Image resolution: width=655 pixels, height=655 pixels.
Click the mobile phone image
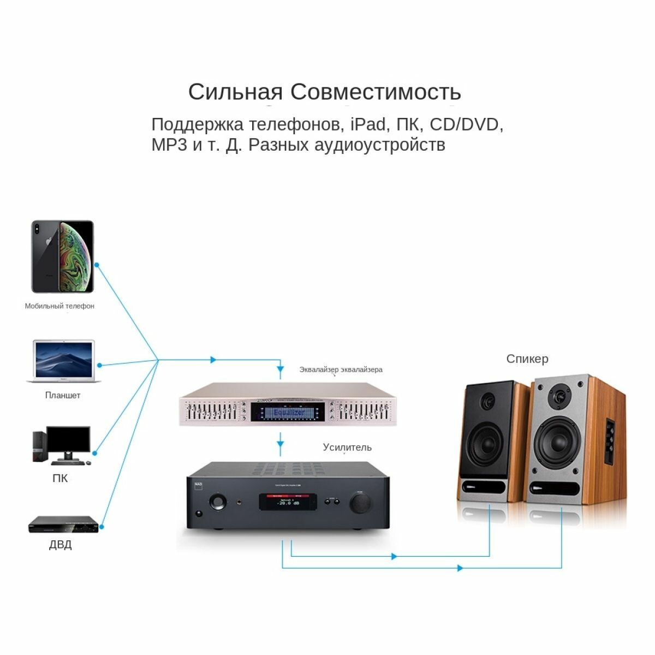(62, 257)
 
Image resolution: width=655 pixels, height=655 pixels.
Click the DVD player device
(63, 525)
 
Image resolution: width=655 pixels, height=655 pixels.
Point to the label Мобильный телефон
(59, 306)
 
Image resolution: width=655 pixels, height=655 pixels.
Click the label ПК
(60, 479)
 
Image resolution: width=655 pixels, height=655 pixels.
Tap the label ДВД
(60, 545)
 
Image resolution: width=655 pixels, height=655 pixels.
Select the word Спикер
(527, 359)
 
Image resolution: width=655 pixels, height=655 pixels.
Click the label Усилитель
(347, 448)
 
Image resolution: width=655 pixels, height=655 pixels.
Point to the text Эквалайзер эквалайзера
(341, 370)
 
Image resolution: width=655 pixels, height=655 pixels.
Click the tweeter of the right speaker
(558, 395)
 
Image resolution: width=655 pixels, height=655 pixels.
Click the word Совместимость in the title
(376, 92)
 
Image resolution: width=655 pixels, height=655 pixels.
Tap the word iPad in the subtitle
(368, 124)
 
